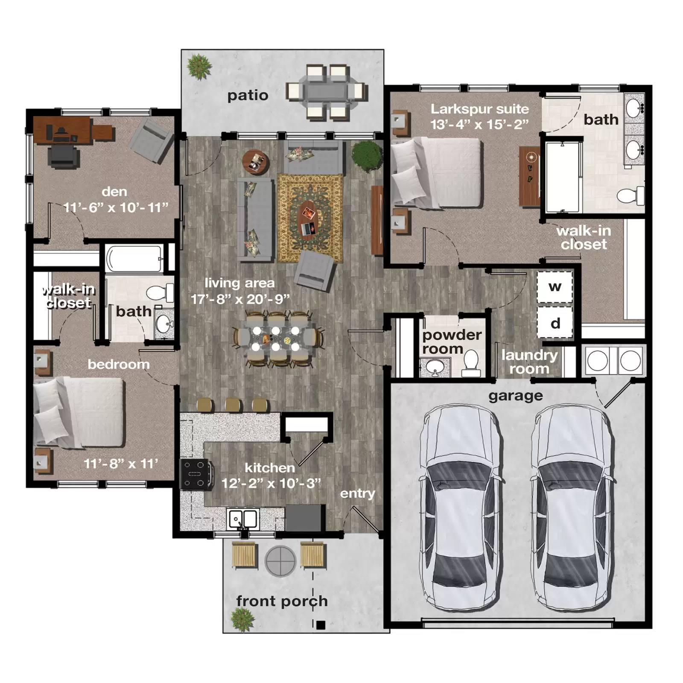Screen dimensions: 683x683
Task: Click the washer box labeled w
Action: pyautogui.click(x=555, y=287)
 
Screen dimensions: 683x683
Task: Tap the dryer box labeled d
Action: pyautogui.click(x=555, y=323)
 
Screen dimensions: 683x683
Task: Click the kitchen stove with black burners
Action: pyautogui.click(x=196, y=474)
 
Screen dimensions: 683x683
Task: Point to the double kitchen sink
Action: pyautogui.click(x=243, y=520)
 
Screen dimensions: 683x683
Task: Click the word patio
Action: pyautogui.click(x=248, y=95)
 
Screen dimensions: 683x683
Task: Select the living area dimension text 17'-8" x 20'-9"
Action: pyautogui.click(x=240, y=299)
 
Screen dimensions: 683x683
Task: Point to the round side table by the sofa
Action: pyautogui.click(x=256, y=162)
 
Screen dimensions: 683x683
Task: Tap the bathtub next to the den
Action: pyautogui.click(x=134, y=258)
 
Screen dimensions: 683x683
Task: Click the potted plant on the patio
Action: pyautogui.click(x=199, y=66)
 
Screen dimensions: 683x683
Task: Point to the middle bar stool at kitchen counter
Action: pyautogui.click(x=233, y=404)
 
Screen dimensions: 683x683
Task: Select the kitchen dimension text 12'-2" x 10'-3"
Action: pyautogui.click(x=271, y=484)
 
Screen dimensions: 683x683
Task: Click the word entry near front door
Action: pyautogui.click(x=357, y=493)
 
